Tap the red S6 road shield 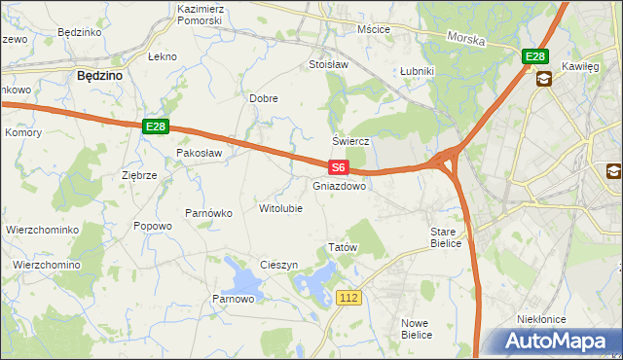tap(338, 167)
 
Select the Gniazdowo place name tap(340, 185)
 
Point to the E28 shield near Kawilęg tap(534, 57)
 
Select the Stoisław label tap(328, 65)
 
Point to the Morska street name tap(465, 38)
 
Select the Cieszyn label tap(278, 266)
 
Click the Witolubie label tap(280, 208)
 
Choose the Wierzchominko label tap(42, 230)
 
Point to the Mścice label tap(374, 29)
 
